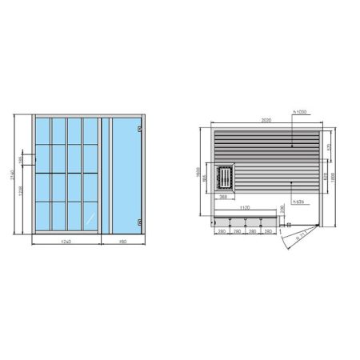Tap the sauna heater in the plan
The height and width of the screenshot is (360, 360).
[226, 177]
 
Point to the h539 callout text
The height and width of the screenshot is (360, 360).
[298, 202]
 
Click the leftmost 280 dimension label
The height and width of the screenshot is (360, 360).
[222, 230]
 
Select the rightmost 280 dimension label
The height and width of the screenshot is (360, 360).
[267, 230]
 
